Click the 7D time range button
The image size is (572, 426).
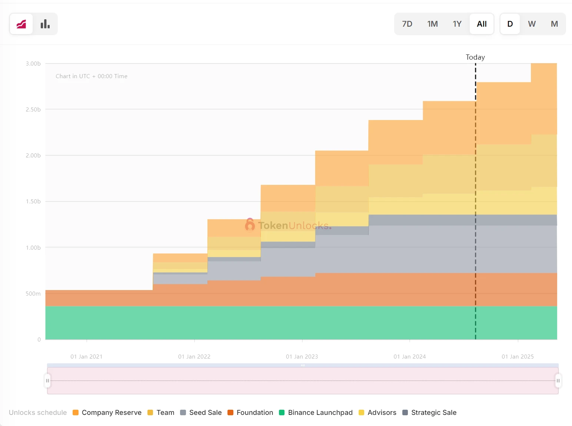point(407,24)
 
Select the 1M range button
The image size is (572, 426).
point(432,24)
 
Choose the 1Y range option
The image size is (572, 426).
point(457,24)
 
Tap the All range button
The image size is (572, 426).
point(482,24)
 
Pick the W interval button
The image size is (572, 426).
point(532,24)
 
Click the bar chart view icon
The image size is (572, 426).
point(45,24)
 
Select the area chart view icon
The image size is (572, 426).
point(21,24)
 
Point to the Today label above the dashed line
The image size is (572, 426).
point(475,57)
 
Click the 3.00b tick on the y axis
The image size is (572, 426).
point(33,64)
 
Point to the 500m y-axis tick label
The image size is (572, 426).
point(33,294)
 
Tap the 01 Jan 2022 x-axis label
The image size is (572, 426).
point(194,357)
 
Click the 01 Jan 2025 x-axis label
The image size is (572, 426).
point(518,357)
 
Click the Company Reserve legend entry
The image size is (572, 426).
point(107,413)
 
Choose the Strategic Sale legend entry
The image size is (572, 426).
point(430,413)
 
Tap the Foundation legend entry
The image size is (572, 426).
point(250,413)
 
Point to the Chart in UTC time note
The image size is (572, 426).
point(92,76)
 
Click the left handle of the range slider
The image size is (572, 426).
point(47,380)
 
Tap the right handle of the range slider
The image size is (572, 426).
point(558,380)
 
